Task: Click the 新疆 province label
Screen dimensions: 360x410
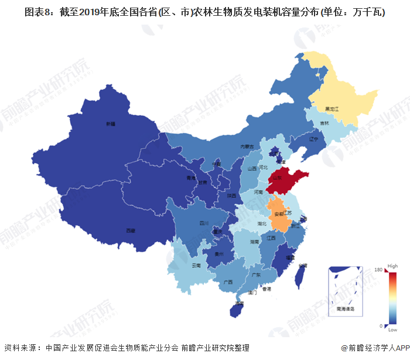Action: tap(111, 124)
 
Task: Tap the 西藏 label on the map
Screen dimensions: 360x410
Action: tap(130, 231)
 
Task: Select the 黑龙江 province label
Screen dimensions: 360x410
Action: tap(333, 108)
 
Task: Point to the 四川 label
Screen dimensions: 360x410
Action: tap(204, 223)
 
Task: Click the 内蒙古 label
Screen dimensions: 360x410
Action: tap(247, 146)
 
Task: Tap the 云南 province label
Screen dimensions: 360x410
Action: tap(196, 265)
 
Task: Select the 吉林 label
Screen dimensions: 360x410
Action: tap(324, 124)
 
